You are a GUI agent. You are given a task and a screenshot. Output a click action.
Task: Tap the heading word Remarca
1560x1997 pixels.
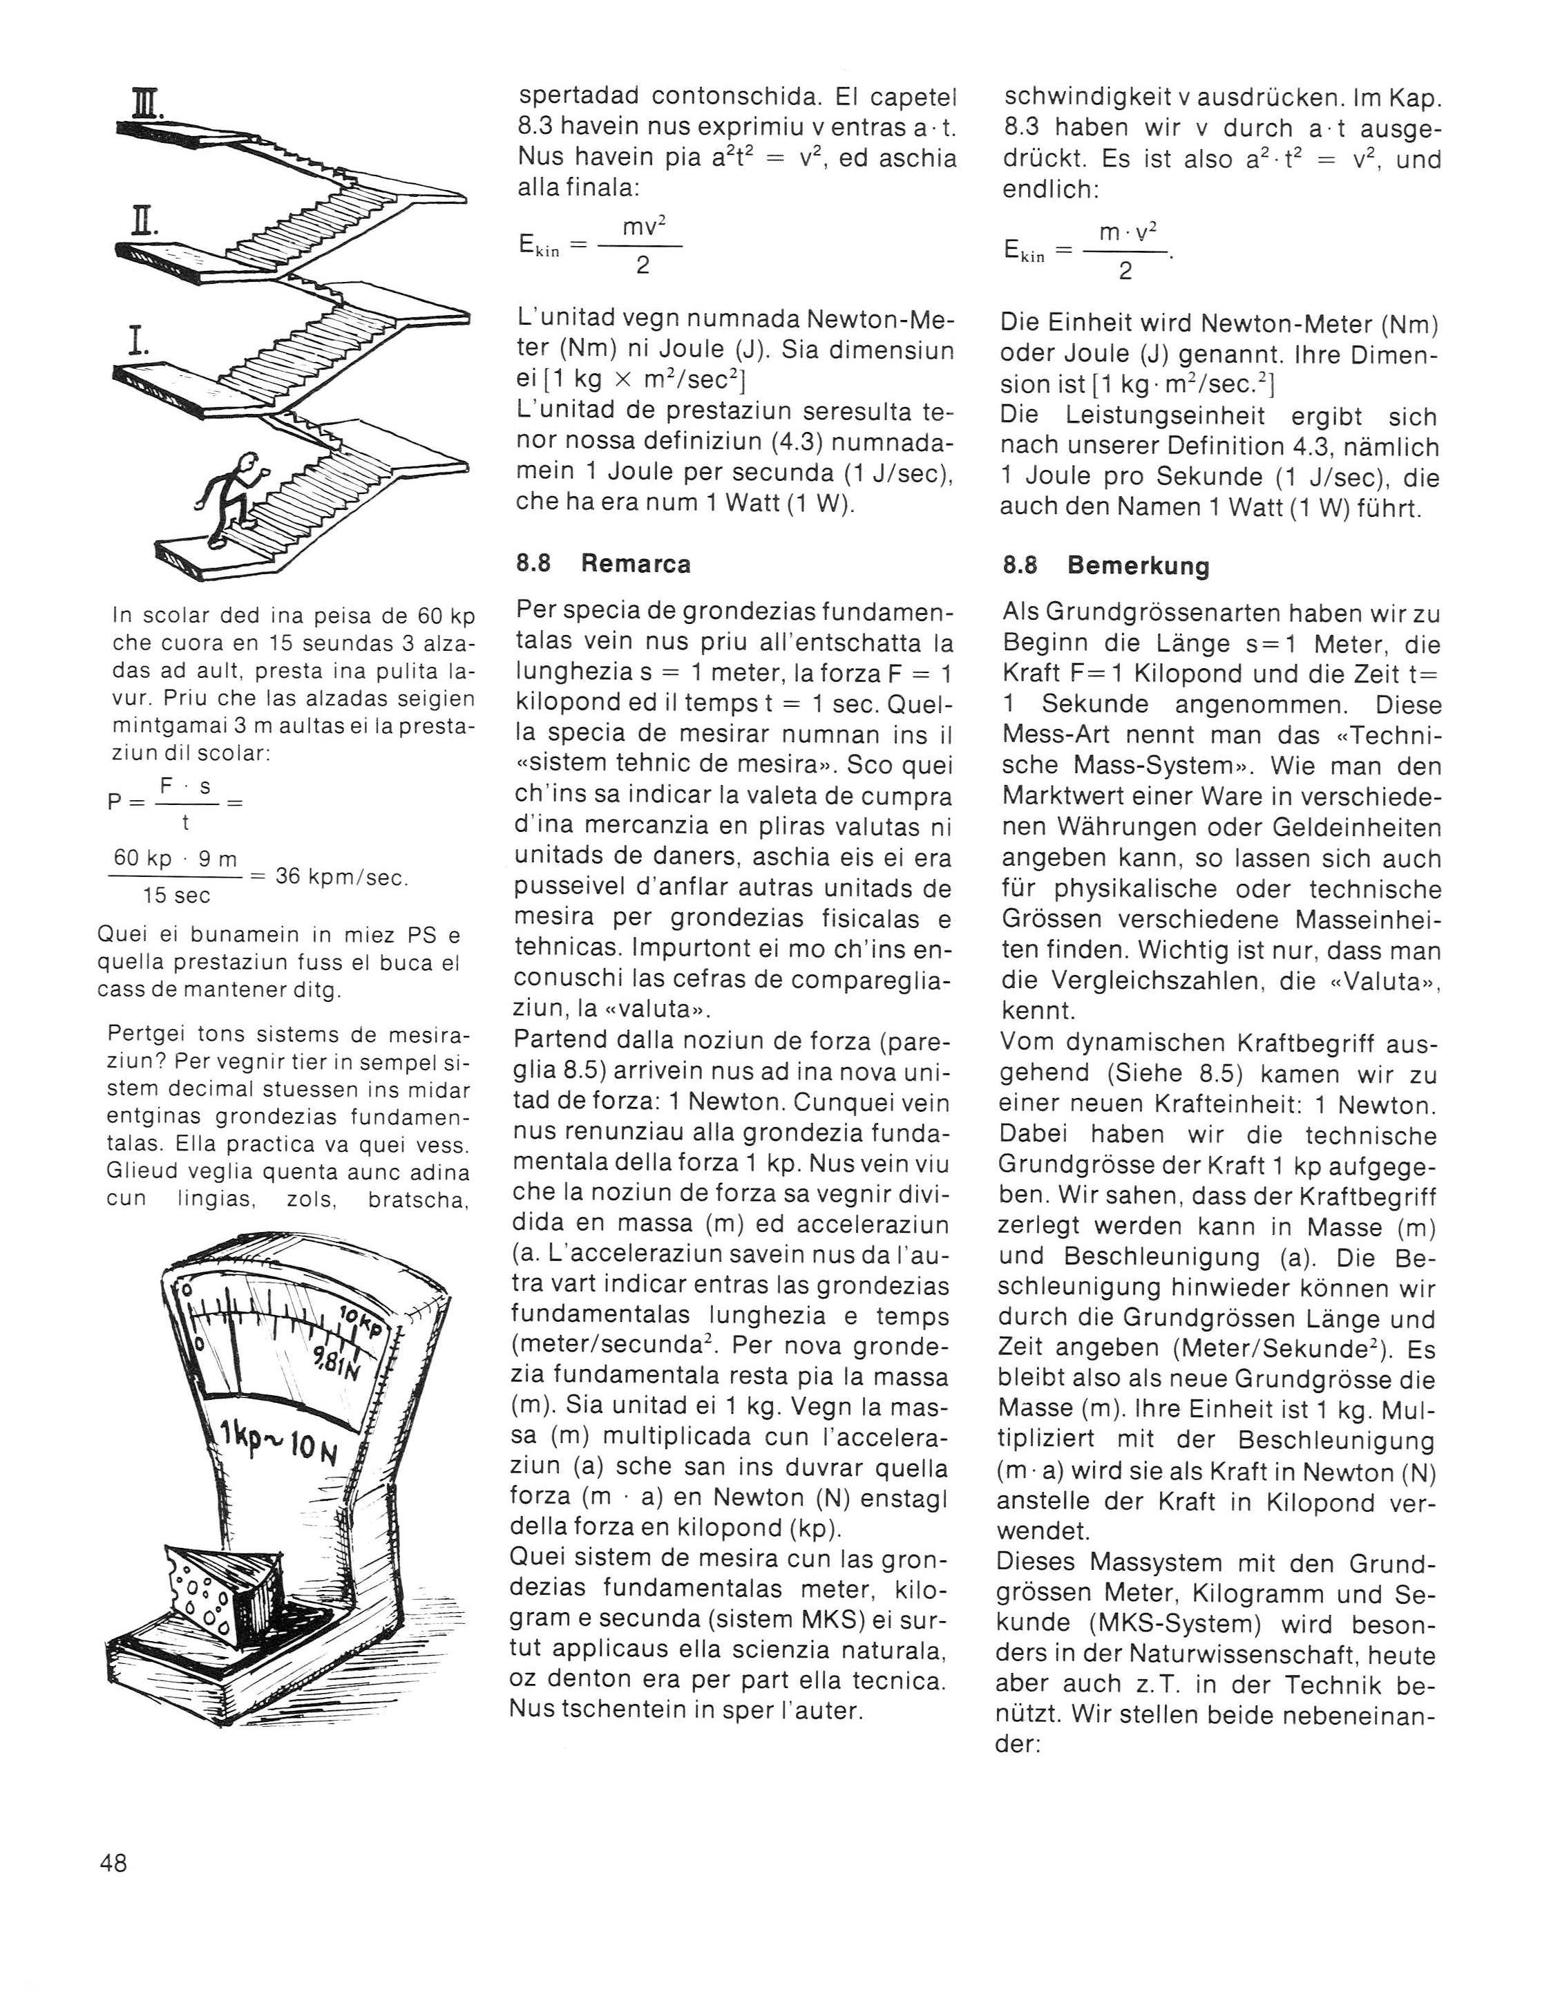(636, 564)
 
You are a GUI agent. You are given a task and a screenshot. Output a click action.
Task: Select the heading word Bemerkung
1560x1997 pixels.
(1138, 566)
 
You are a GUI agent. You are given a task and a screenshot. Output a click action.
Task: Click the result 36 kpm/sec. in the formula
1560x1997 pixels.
(342, 876)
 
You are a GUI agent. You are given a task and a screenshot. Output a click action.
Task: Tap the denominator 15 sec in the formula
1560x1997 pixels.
(176, 895)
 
